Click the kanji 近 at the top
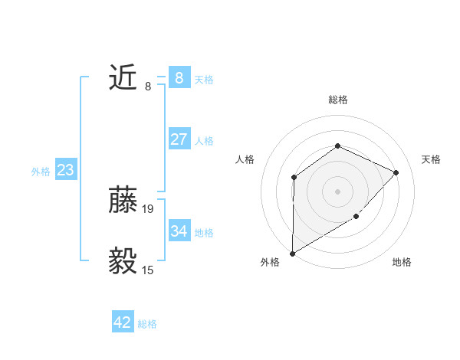[123, 78]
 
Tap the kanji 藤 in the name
[123, 201]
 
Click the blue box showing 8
[179, 77]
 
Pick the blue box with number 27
[179, 139]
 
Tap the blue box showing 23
[65, 170]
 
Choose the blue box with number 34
[179, 231]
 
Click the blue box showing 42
[123, 322]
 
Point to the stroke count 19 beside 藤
[148, 208]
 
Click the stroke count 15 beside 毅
[148, 270]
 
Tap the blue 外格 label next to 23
[41, 172]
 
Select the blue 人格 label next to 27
[204, 141]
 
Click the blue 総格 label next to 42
[147, 324]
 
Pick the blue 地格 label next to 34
[204, 233]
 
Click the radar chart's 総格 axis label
[337, 100]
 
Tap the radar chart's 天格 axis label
[431, 159]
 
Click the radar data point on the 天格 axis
[396, 172]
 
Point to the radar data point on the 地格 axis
[356, 217]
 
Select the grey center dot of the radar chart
[337, 191]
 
